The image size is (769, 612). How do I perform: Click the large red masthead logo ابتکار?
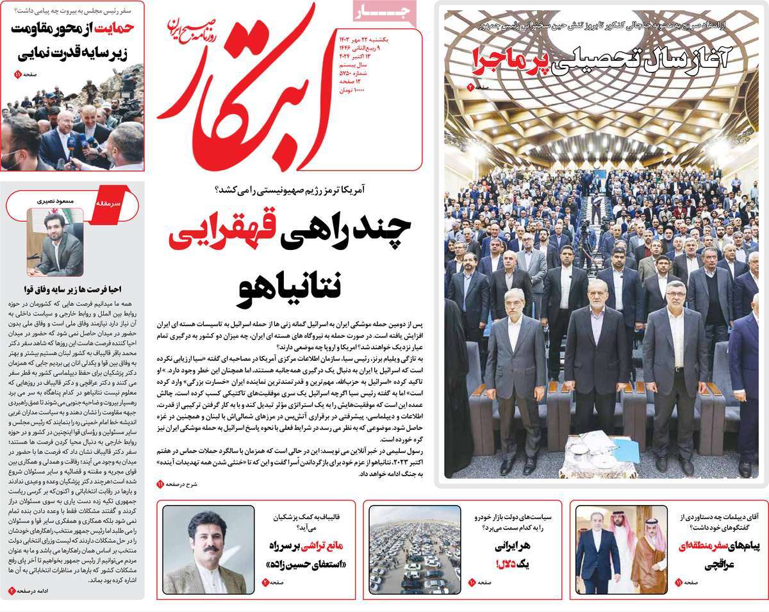250,90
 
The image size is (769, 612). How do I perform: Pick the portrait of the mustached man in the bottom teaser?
204,550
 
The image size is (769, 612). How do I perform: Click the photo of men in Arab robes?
612,549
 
